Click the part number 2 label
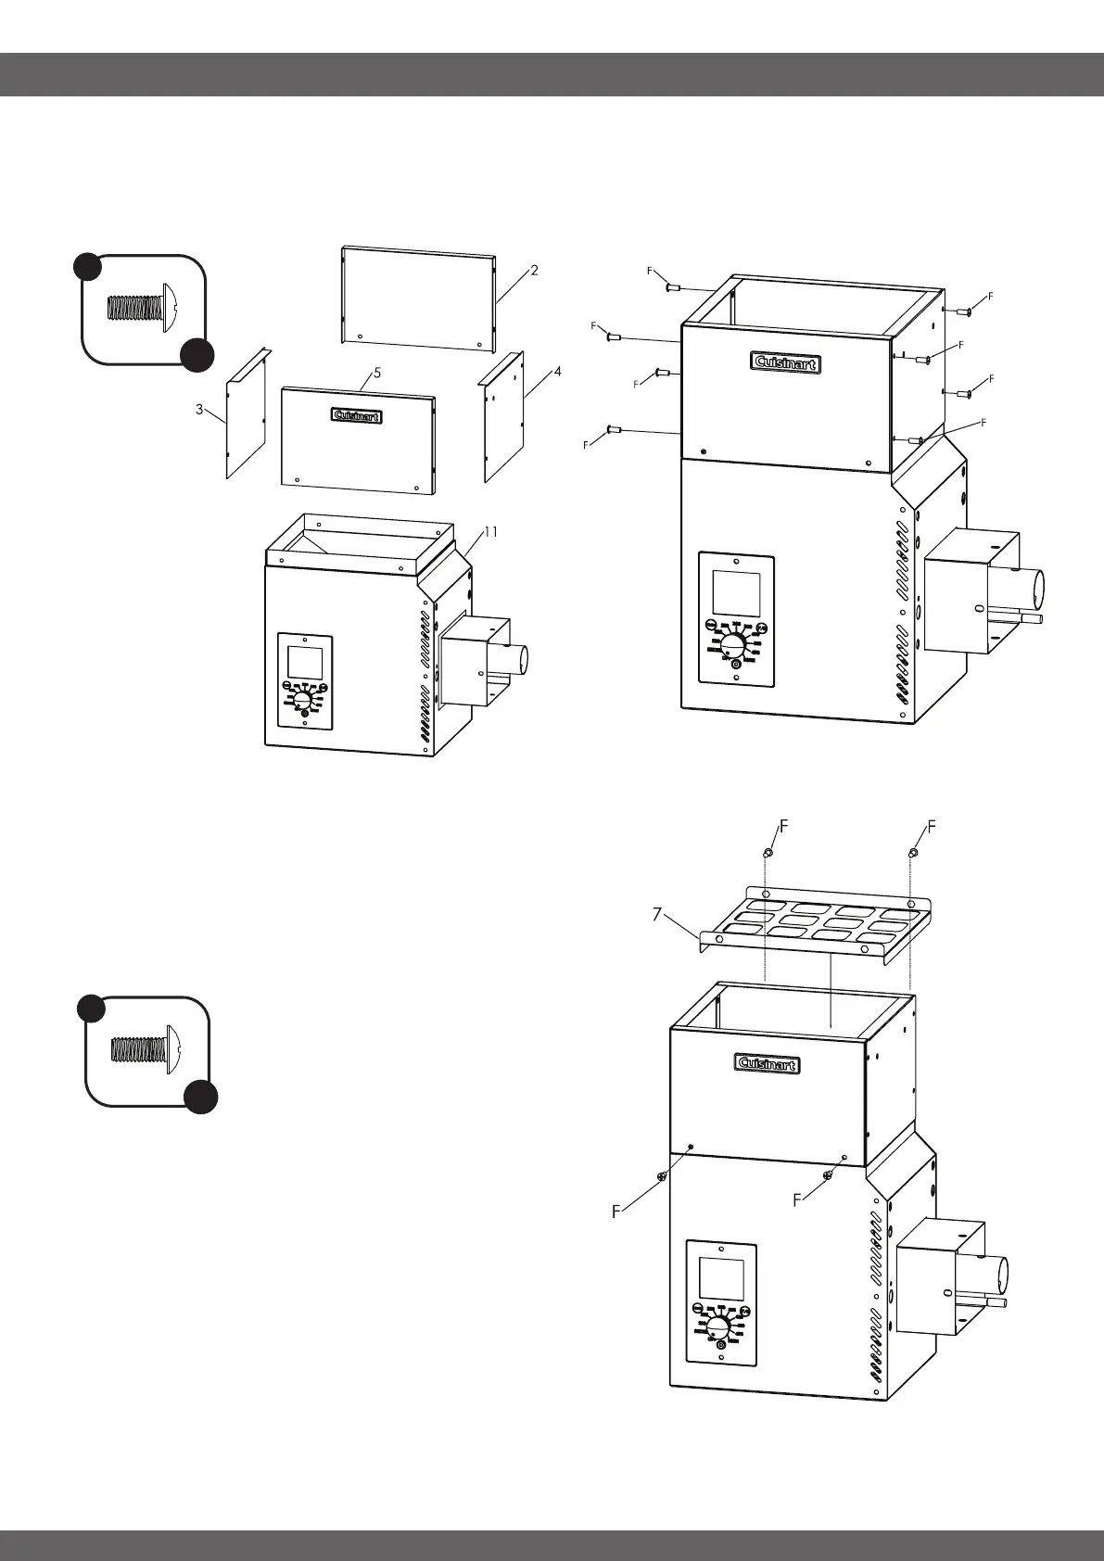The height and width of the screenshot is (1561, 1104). (535, 271)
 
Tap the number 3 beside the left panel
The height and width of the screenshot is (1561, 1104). (199, 410)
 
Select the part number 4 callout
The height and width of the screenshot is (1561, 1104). (557, 371)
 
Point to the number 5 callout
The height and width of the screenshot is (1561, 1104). (377, 373)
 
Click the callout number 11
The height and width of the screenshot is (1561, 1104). (490, 532)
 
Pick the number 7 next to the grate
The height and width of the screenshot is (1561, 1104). (656, 914)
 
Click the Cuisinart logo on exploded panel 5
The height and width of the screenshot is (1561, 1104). (357, 416)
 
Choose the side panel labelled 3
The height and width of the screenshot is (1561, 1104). (247, 414)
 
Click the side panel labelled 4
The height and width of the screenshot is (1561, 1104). (504, 417)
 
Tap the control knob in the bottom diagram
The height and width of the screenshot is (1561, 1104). (720, 1320)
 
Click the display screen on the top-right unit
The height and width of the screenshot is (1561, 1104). (736, 592)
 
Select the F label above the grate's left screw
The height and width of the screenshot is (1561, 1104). (783, 826)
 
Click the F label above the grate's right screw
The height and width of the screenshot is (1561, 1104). (932, 826)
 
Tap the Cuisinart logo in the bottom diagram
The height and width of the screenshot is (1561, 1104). (768, 1064)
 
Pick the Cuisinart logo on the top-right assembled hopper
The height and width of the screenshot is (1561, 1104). (785, 364)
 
